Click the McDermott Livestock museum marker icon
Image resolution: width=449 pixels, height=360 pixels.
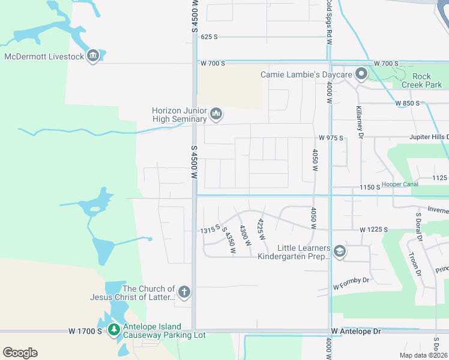[x=92, y=56]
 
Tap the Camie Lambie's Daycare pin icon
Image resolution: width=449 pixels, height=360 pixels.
[x=361, y=74]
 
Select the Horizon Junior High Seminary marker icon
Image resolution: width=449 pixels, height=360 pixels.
[x=217, y=113]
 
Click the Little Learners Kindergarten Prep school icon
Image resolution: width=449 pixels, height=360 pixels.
[x=340, y=251]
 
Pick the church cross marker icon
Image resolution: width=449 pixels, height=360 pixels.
[x=184, y=293]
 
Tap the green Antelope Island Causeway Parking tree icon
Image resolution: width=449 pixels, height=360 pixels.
[x=113, y=329]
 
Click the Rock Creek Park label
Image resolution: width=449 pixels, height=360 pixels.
[x=426, y=80]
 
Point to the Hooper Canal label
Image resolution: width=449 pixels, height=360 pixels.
[x=400, y=184]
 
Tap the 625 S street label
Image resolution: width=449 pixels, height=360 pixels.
[x=209, y=37]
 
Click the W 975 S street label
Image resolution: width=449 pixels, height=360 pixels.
[x=331, y=138]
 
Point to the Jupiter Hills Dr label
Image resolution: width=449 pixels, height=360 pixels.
[x=429, y=137]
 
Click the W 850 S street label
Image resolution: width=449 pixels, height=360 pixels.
[x=408, y=103]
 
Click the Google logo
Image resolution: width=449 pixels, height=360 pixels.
[x=20, y=352]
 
